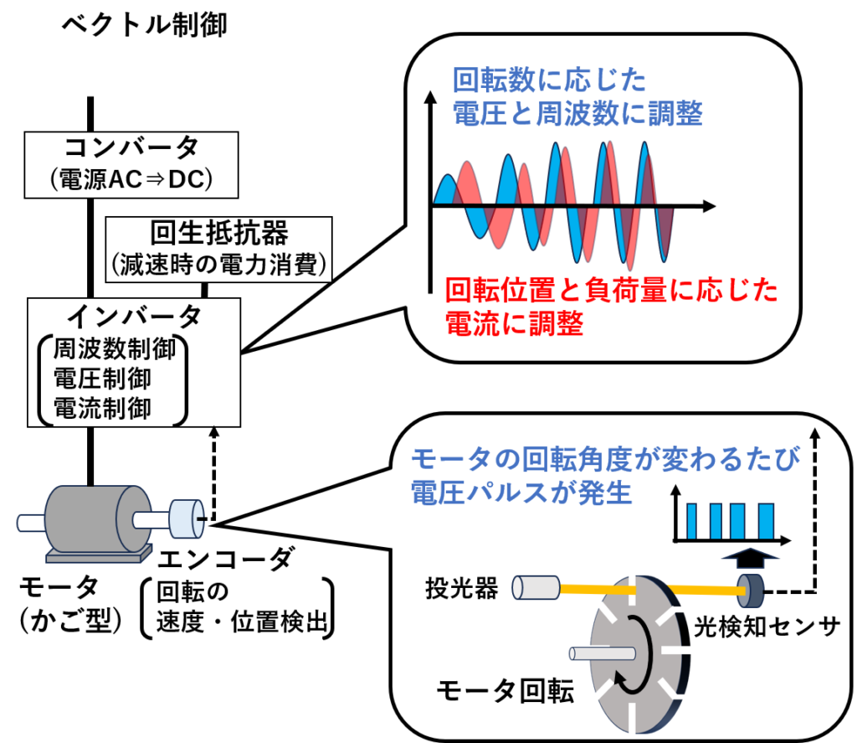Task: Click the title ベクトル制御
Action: click(x=144, y=25)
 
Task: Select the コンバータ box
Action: click(x=131, y=165)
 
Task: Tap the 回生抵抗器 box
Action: click(x=218, y=250)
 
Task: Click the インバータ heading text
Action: click(x=134, y=316)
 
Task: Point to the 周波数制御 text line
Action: click(x=114, y=349)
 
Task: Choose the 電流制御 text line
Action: click(x=102, y=408)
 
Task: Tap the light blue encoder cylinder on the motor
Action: click(x=187, y=519)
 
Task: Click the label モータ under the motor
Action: click(x=59, y=588)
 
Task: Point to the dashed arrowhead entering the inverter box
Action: click(x=214, y=431)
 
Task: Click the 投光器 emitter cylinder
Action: click(x=536, y=588)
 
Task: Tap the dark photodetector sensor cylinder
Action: click(x=750, y=591)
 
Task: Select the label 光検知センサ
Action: click(x=767, y=627)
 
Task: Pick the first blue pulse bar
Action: click(x=691, y=521)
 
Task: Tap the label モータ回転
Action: click(x=505, y=691)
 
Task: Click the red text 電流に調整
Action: click(x=515, y=323)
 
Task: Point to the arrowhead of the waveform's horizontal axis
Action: click(x=709, y=206)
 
